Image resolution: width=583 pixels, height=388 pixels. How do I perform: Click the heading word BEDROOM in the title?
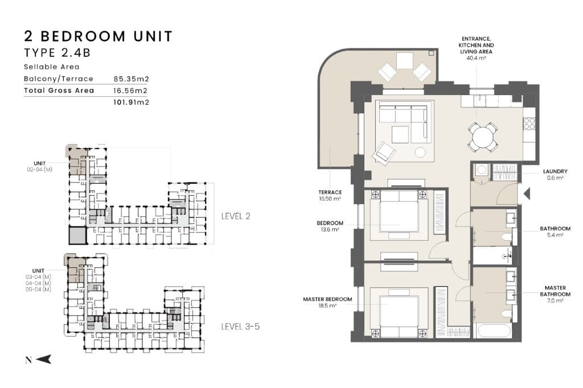click(83, 36)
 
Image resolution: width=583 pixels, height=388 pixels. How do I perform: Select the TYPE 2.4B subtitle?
click(58, 53)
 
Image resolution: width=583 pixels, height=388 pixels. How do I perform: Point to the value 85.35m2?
click(132, 79)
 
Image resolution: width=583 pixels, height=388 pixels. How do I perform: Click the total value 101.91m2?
click(132, 102)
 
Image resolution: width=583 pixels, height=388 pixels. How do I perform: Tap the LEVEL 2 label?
click(236, 216)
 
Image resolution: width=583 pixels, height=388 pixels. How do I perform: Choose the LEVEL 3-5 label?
click(241, 327)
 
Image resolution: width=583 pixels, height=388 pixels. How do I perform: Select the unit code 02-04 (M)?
click(39, 170)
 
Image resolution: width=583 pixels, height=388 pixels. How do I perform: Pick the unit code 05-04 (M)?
click(38, 290)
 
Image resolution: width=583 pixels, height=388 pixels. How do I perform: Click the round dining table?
click(482, 137)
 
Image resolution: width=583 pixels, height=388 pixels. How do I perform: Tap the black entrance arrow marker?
click(527, 193)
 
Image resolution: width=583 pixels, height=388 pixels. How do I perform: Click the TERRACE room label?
click(330, 192)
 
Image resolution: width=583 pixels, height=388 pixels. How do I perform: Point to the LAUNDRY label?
click(555, 171)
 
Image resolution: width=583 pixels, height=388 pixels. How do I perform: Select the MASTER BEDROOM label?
click(327, 299)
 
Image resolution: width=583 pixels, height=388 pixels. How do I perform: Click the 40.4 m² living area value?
click(477, 58)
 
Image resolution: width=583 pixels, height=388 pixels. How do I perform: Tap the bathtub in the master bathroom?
click(495, 331)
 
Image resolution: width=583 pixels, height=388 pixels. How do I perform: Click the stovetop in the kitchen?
click(529, 124)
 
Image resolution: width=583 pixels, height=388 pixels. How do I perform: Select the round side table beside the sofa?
click(420, 152)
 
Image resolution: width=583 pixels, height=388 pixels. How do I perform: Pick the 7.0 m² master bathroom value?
click(555, 300)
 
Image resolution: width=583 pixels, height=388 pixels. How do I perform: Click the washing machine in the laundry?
click(482, 170)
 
